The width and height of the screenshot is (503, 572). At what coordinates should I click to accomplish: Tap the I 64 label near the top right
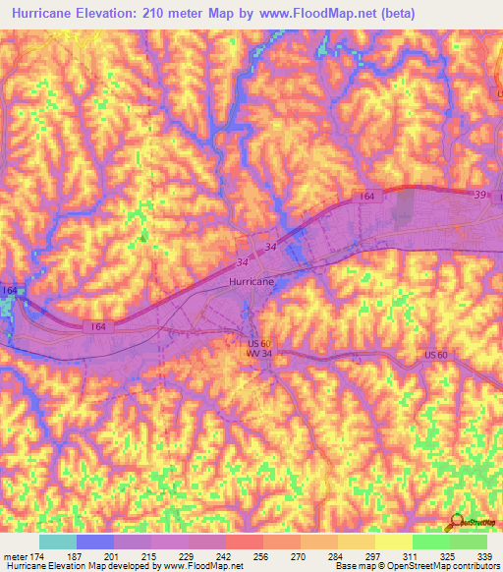[366, 198]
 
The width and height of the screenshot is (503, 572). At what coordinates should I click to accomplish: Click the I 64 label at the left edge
[9, 290]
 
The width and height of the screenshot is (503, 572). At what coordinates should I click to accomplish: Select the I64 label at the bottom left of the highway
[97, 325]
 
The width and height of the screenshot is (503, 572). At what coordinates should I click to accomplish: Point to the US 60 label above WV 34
[257, 342]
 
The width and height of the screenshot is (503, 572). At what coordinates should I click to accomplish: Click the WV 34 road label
[259, 353]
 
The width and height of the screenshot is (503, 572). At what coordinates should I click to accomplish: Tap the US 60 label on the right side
[436, 354]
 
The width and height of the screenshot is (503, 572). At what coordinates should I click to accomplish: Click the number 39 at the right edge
[479, 196]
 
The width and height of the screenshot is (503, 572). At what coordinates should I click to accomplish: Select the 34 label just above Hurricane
[243, 262]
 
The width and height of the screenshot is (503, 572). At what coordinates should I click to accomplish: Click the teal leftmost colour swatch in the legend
[58, 542]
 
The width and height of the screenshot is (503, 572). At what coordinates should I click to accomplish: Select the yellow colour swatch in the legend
[393, 542]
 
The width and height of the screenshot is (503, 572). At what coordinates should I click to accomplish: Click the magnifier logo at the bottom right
[454, 522]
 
